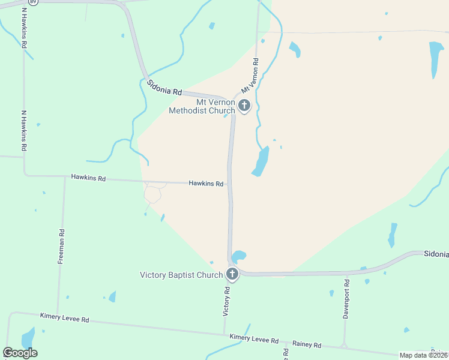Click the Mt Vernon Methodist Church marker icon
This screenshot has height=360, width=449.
[x=244, y=106]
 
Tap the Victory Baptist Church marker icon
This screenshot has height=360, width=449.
[x=232, y=275]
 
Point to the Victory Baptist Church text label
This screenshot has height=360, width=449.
[x=181, y=275]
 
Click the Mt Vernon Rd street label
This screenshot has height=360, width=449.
[x=250, y=75]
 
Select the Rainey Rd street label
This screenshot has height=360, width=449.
[x=307, y=345]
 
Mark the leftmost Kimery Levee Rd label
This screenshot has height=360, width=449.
[x=65, y=317]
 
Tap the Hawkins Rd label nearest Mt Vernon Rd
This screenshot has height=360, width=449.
[x=206, y=184]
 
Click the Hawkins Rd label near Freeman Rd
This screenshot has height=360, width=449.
[x=88, y=178]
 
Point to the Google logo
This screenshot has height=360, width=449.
[x=20, y=353]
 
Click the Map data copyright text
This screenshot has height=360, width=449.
[x=424, y=355]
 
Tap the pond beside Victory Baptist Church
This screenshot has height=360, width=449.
[x=238, y=256]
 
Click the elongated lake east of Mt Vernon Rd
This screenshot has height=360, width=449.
[x=261, y=161]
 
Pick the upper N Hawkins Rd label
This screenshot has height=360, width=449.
[x=24, y=27]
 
